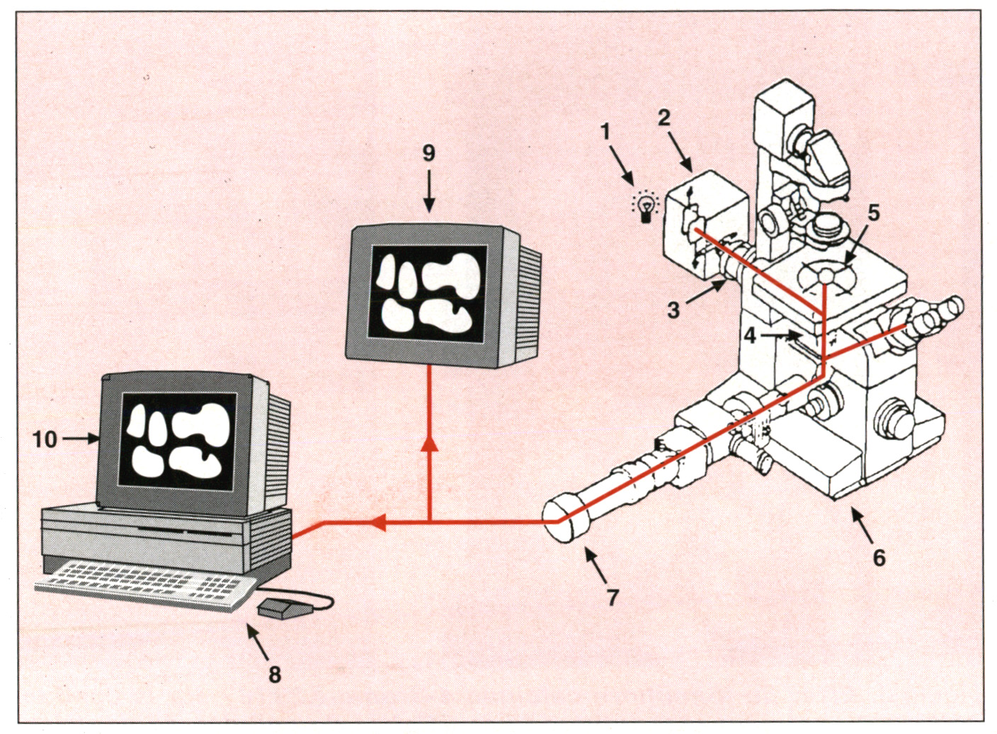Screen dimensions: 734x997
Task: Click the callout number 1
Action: pos(605,132)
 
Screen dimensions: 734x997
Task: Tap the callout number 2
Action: pos(663,118)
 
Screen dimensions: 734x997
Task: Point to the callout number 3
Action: pos(673,310)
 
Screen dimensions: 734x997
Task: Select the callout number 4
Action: pos(751,335)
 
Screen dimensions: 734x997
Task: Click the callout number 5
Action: pos(873,213)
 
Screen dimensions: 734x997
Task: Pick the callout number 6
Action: pos(879,558)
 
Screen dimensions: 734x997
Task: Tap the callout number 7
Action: pos(613,597)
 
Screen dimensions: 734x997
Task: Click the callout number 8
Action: pos(275,674)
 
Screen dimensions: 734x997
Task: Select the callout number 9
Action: pos(428,153)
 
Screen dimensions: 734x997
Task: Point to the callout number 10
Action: pos(45,439)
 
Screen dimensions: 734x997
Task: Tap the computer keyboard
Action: pos(145,584)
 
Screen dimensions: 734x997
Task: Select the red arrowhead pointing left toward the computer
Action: pos(377,523)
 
